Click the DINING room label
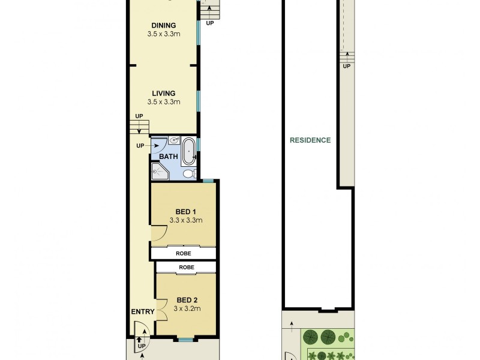[x=163, y=25]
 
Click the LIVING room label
[x=163, y=93]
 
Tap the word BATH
[x=168, y=157]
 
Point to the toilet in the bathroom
[x=188, y=174]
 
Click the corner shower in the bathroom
[x=160, y=172]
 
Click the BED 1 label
[x=186, y=211]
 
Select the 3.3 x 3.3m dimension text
[x=186, y=220]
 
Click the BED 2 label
[x=187, y=300]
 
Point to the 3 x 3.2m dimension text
[x=187, y=308]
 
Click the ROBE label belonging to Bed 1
[x=183, y=254]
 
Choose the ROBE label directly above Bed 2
[x=186, y=267]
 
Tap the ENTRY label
[x=143, y=311]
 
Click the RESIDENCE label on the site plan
[x=310, y=140]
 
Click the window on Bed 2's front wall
[x=185, y=340]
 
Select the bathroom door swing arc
[x=158, y=146]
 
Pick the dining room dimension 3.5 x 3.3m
[x=163, y=34]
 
